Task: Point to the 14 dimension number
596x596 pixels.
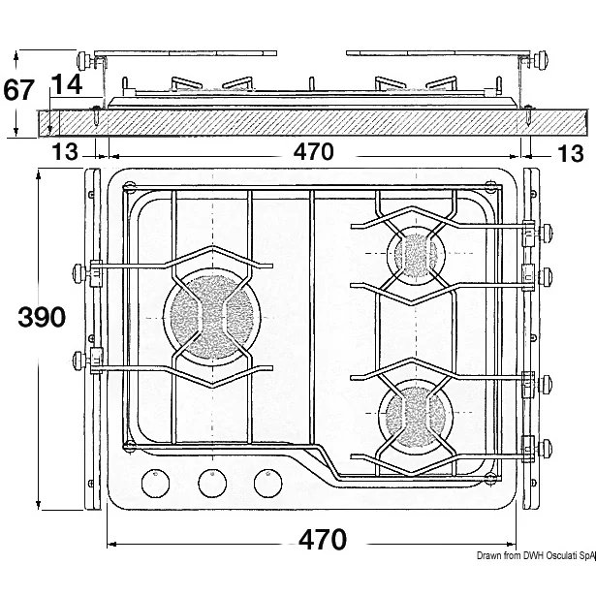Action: coord(66,86)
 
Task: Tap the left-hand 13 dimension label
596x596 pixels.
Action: coord(65,153)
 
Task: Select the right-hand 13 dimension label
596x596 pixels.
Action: coord(571,153)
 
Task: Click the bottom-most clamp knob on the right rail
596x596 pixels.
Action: coord(550,447)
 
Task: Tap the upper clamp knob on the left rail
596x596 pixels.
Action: coord(77,272)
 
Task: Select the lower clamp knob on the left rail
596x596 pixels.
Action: coord(77,362)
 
